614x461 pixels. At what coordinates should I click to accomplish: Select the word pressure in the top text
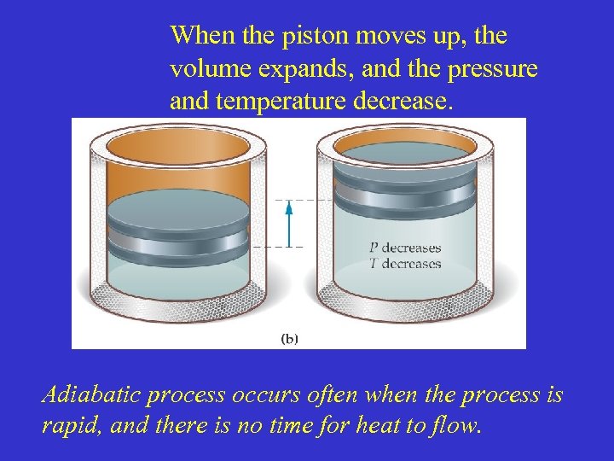tap(495, 69)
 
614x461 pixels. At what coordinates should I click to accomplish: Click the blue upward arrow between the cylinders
tap(288, 223)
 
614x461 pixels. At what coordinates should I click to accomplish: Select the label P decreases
tap(404, 248)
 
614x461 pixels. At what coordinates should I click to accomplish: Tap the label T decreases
tap(404, 263)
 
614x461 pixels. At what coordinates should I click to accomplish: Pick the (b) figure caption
tap(289, 338)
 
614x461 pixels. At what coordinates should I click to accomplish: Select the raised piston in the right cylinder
tap(403, 184)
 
